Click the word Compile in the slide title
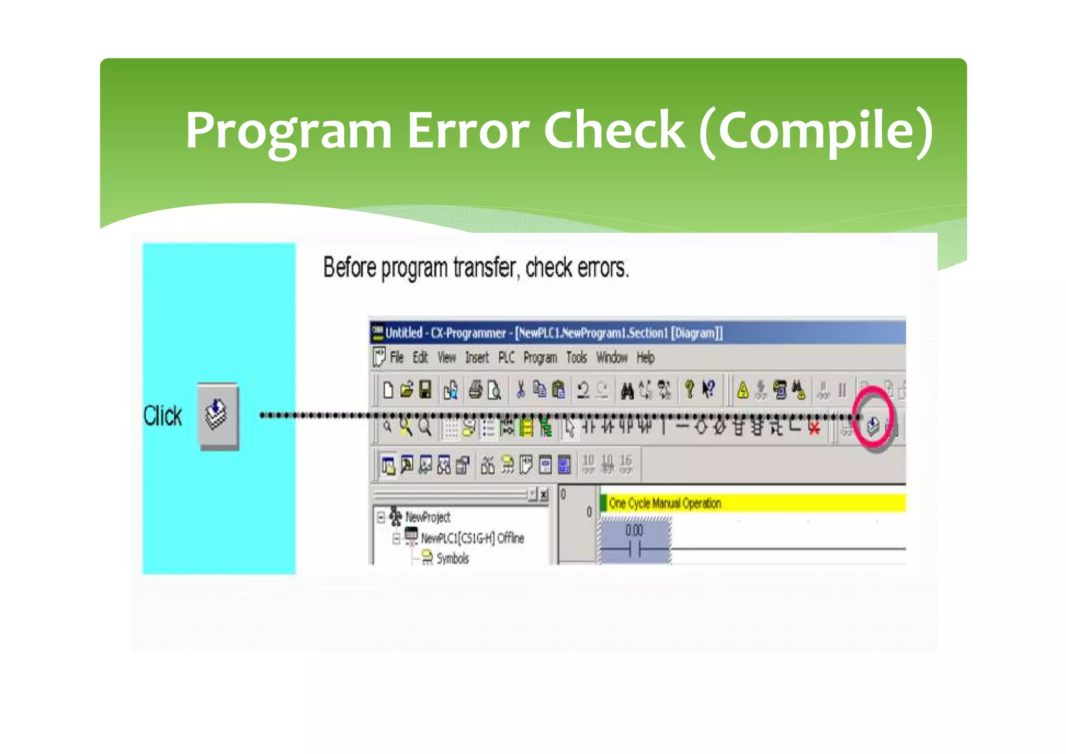point(815,131)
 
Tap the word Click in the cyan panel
point(162,416)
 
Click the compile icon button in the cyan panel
point(218,416)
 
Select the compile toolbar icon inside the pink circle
point(873,426)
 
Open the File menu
point(397,358)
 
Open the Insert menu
point(477,358)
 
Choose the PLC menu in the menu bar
point(506,358)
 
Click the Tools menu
point(576,358)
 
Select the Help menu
point(645,358)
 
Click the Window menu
point(612,358)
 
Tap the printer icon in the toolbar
point(475,390)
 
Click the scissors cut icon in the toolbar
point(520,390)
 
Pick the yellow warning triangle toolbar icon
point(743,390)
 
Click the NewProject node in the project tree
point(427,517)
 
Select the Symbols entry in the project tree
point(452,559)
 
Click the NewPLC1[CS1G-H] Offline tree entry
point(472,538)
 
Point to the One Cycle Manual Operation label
point(665,504)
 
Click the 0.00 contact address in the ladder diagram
point(634,531)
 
